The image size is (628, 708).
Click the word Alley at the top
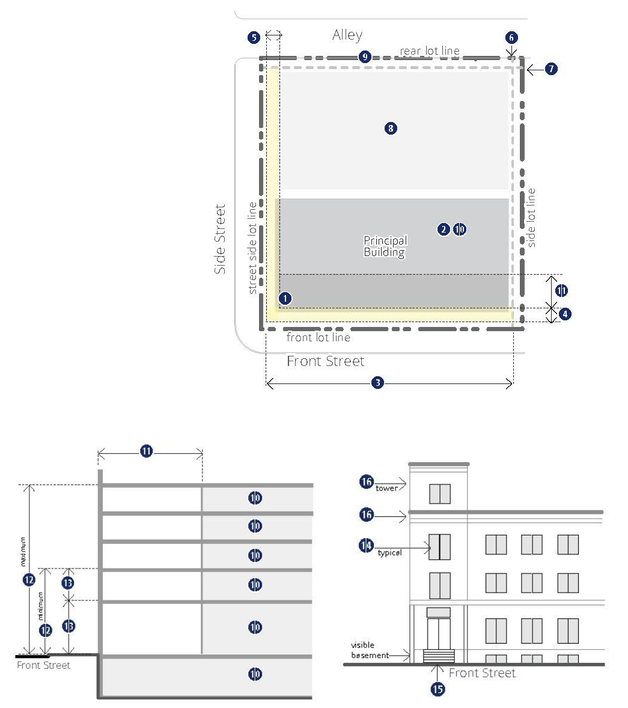pyautogui.click(x=347, y=35)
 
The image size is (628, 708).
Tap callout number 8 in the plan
pyautogui.click(x=391, y=128)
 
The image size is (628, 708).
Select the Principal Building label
pyautogui.click(x=385, y=246)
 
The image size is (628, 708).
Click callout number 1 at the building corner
pyautogui.click(x=285, y=299)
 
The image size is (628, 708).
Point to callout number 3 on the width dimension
pyautogui.click(x=378, y=383)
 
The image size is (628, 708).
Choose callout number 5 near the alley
pyautogui.click(x=254, y=37)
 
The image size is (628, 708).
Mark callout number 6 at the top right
pyautogui.click(x=511, y=37)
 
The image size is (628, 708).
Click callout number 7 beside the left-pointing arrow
pyautogui.click(x=551, y=69)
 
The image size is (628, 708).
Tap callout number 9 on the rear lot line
pyautogui.click(x=365, y=57)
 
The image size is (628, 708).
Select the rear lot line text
pyautogui.click(x=429, y=51)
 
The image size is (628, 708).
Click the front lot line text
pyautogui.click(x=319, y=337)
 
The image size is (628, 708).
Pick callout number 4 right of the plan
pyautogui.click(x=565, y=314)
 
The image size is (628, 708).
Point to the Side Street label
pyautogui.click(x=220, y=239)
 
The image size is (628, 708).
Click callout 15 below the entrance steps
pyautogui.click(x=437, y=689)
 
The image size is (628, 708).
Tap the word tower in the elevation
pyautogui.click(x=386, y=488)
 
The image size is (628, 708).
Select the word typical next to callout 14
pyautogui.click(x=389, y=553)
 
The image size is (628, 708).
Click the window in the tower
pyautogui.click(x=440, y=493)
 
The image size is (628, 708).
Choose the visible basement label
pyautogui.click(x=370, y=650)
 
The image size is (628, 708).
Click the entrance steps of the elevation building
pyautogui.click(x=439, y=656)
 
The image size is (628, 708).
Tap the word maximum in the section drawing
pyautogui.click(x=23, y=551)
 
